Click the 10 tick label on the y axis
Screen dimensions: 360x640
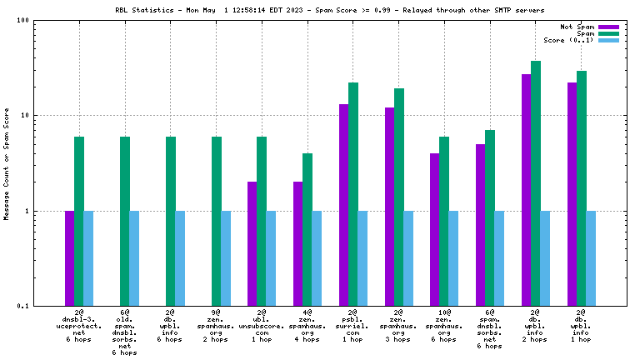coord(25,116)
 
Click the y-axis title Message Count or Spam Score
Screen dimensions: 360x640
coord(7,163)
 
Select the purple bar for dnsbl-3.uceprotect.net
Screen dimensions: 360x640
coord(69,258)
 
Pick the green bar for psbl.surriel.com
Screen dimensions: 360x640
coord(353,194)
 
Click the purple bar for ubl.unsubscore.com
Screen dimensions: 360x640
coord(252,243)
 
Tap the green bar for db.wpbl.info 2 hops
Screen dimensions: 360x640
coord(536,183)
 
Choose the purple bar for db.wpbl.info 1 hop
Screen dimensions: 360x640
coord(572,194)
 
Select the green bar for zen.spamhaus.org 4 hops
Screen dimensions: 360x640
coord(307,229)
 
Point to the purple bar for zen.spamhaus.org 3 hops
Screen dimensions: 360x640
coord(389,207)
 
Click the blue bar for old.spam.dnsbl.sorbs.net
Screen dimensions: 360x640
coord(134,258)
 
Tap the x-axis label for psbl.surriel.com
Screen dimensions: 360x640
coord(353,326)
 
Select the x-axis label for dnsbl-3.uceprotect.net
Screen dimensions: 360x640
coord(78,326)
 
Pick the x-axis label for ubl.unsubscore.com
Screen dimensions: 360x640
coord(262,326)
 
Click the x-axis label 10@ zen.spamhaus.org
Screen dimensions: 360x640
coord(444,326)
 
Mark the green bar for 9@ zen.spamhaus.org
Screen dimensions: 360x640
coord(216,221)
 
